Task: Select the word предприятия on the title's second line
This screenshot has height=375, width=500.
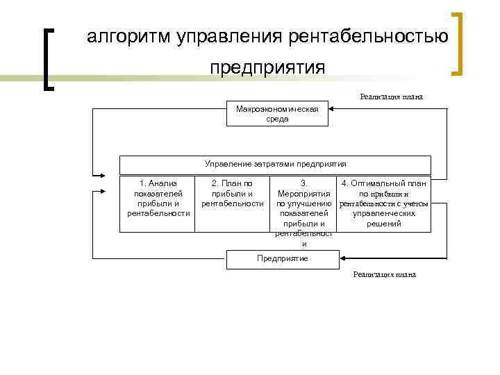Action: (x=267, y=67)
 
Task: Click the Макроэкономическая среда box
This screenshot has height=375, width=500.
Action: (x=277, y=114)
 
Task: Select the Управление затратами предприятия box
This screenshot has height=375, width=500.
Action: (x=275, y=165)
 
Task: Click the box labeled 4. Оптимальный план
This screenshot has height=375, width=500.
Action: (x=384, y=203)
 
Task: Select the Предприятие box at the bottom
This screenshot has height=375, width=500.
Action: (x=283, y=258)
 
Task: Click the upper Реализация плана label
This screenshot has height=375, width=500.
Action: (x=391, y=97)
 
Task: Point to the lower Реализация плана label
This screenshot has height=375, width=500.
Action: (x=384, y=274)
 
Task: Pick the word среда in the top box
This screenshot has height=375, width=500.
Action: (x=277, y=119)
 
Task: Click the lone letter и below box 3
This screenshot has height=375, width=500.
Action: (x=303, y=244)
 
